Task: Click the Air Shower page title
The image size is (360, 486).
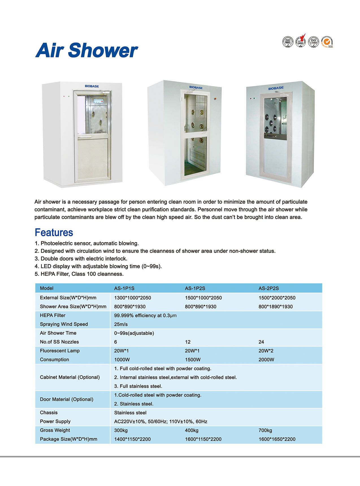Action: [x=86, y=50]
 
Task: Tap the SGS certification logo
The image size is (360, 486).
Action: [x=327, y=42]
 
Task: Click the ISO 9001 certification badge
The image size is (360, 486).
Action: [x=288, y=42]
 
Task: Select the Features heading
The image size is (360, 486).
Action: [x=54, y=232]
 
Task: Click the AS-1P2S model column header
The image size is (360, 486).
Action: [x=195, y=288]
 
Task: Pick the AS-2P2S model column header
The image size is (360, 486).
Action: [x=268, y=288]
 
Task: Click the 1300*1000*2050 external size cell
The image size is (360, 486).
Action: [x=133, y=298]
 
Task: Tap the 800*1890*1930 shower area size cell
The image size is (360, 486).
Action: [x=276, y=306]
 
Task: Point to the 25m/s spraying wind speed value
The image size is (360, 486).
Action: [x=121, y=324]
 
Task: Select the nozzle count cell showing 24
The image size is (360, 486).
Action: [x=261, y=342]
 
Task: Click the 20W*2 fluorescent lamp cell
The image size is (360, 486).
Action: [x=266, y=351]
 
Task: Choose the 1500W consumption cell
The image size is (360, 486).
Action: [x=193, y=360]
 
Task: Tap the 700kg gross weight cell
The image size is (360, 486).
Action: [x=265, y=430]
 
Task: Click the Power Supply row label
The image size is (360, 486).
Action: [x=55, y=421]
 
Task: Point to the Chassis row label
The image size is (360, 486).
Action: [x=49, y=412]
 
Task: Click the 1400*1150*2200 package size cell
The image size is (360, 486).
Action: [x=132, y=439]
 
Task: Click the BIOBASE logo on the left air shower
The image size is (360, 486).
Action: [x=92, y=86]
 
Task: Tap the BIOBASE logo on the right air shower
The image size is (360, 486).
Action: [x=276, y=88]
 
